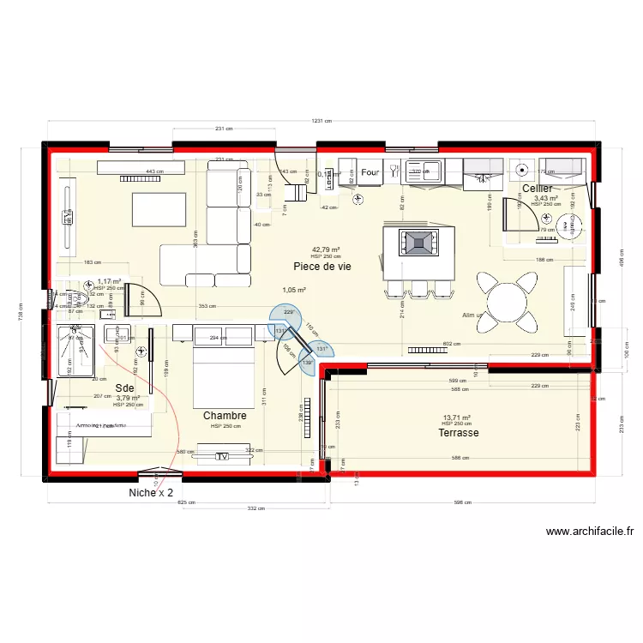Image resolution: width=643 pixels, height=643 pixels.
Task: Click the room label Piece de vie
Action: (x=322, y=267)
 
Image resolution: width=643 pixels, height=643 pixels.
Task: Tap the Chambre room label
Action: (x=225, y=416)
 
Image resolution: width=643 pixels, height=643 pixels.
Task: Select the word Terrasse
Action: (x=458, y=433)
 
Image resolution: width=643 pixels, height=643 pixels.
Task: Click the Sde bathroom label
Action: (x=125, y=388)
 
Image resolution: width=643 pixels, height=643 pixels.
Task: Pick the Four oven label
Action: (x=370, y=173)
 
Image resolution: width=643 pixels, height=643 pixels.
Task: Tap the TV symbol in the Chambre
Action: (x=222, y=457)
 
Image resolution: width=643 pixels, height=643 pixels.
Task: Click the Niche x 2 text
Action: (x=151, y=493)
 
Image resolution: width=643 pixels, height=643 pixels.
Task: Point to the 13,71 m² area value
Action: (x=457, y=417)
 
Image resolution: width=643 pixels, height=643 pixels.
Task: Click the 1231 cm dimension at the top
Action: (x=321, y=122)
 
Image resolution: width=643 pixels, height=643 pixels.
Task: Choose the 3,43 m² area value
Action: (x=546, y=198)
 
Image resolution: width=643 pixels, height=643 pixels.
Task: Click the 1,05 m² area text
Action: (x=295, y=290)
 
